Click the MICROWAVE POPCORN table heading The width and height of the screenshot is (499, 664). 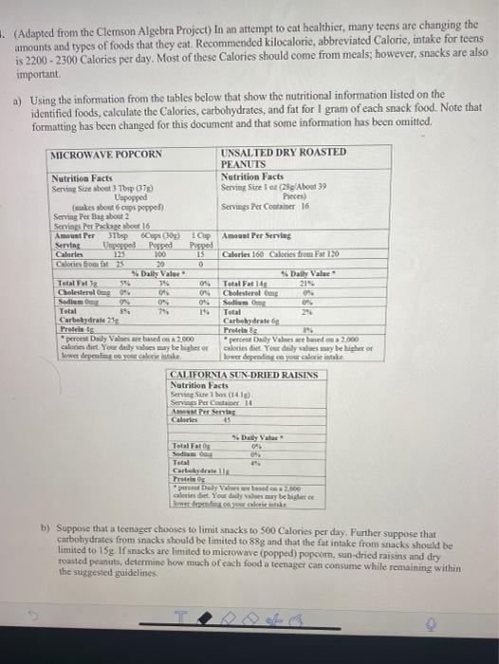107,155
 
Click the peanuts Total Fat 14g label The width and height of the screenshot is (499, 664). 241,285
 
